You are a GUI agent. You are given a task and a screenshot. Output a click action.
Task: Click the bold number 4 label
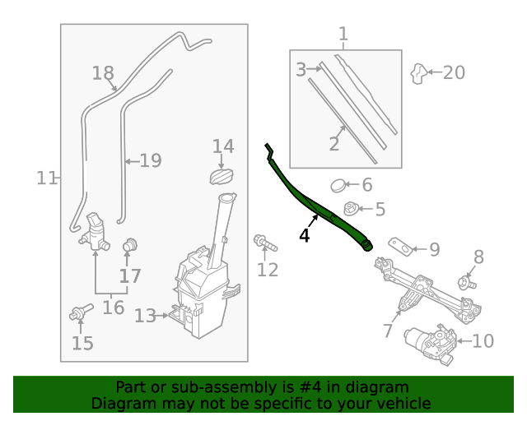tap(304, 235)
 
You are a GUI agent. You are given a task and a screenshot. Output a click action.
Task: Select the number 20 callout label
tap(454, 72)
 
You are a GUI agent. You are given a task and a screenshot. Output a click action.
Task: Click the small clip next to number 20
tap(418, 73)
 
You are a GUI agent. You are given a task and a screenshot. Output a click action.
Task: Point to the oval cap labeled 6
tap(338, 186)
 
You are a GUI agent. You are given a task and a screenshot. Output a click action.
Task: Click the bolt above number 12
tap(265, 243)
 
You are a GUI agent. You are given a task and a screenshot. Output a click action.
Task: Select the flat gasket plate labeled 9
tap(401, 247)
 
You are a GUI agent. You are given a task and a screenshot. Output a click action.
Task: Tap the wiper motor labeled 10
tap(431, 345)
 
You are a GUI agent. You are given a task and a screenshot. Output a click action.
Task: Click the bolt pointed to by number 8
tap(467, 282)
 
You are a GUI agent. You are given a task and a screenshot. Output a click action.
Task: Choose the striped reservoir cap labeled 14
tap(222, 176)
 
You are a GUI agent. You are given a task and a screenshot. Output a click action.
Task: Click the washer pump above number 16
tap(95, 232)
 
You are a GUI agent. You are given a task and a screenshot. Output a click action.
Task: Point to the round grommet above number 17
tap(130, 246)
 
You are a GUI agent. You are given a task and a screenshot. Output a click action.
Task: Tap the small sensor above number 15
tap(81, 312)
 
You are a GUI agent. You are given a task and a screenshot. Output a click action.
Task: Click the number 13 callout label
tap(145, 316)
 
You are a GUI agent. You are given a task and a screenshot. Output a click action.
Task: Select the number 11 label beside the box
tap(47, 178)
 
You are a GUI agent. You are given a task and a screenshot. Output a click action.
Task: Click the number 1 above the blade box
tap(343, 34)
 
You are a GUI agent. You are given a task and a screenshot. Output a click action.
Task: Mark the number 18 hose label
tap(103, 73)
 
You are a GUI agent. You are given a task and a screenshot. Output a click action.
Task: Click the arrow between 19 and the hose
tap(132, 161)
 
